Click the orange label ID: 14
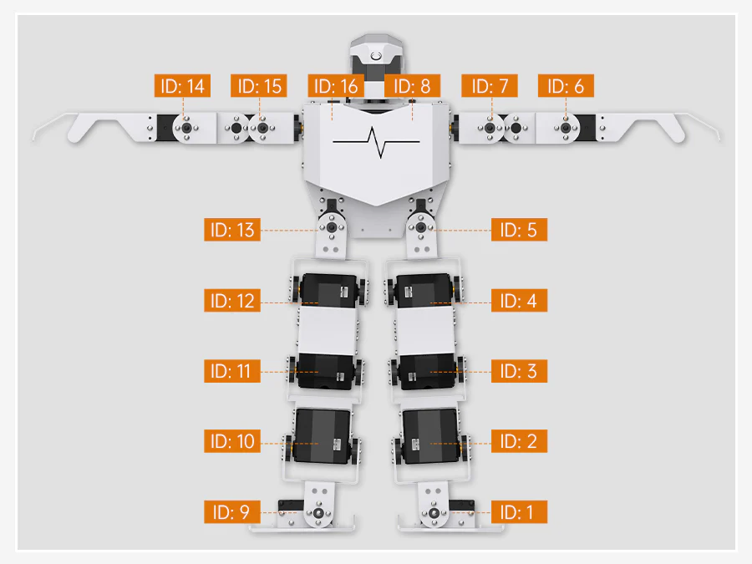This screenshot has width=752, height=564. click(x=182, y=86)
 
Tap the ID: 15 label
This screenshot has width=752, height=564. click(x=259, y=86)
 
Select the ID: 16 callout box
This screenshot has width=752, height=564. click(x=336, y=86)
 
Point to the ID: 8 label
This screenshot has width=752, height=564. click(x=413, y=86)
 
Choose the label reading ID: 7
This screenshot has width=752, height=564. click(x=489, y=86)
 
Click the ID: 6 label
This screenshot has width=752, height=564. click(x=566, y=86)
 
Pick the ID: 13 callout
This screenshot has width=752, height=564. click(x=232, y=230)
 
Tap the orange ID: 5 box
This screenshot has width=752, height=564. click(x=519, y=230)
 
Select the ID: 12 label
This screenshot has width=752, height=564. click(x=232, y=300)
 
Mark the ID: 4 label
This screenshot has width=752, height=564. click(x=519, y=300)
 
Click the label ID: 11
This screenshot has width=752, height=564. click(x=232, y=371)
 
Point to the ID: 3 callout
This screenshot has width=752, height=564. click(x=519, y=371)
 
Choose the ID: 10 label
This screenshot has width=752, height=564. click(x=232, y=441)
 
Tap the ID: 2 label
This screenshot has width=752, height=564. click(x=519, y=441)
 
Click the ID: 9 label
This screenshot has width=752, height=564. click(x=232, y=511)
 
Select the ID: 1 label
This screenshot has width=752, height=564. click(x=519, y=511)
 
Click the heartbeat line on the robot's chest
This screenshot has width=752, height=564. click(x=376, y=142)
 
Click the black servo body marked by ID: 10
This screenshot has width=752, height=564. click(x=323, y=436)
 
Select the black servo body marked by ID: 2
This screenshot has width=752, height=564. click(x=430, y=436)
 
